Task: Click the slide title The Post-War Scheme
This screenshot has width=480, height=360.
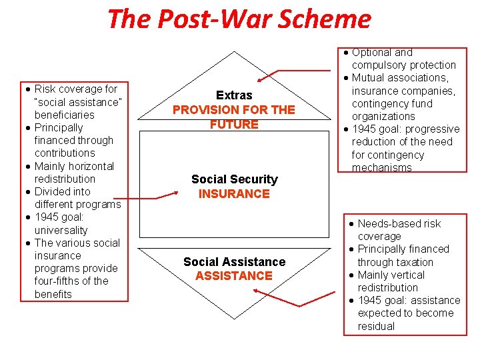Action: point(239,19)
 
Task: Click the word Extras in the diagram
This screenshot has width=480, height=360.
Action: point(234,96)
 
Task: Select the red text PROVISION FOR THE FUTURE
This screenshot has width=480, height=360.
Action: point(234,117)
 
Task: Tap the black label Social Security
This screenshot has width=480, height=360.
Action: point(234,179)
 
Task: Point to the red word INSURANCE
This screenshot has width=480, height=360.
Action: point(234,194)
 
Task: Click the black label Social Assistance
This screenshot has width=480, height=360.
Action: point(234,262)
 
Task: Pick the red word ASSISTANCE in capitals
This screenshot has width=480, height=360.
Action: point(234,276)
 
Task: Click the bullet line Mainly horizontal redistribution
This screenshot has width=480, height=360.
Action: point(74,172)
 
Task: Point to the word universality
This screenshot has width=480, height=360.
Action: point(61,230)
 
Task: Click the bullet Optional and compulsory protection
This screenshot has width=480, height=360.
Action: point(403,59)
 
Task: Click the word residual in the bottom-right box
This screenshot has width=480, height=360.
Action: point(376,326)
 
